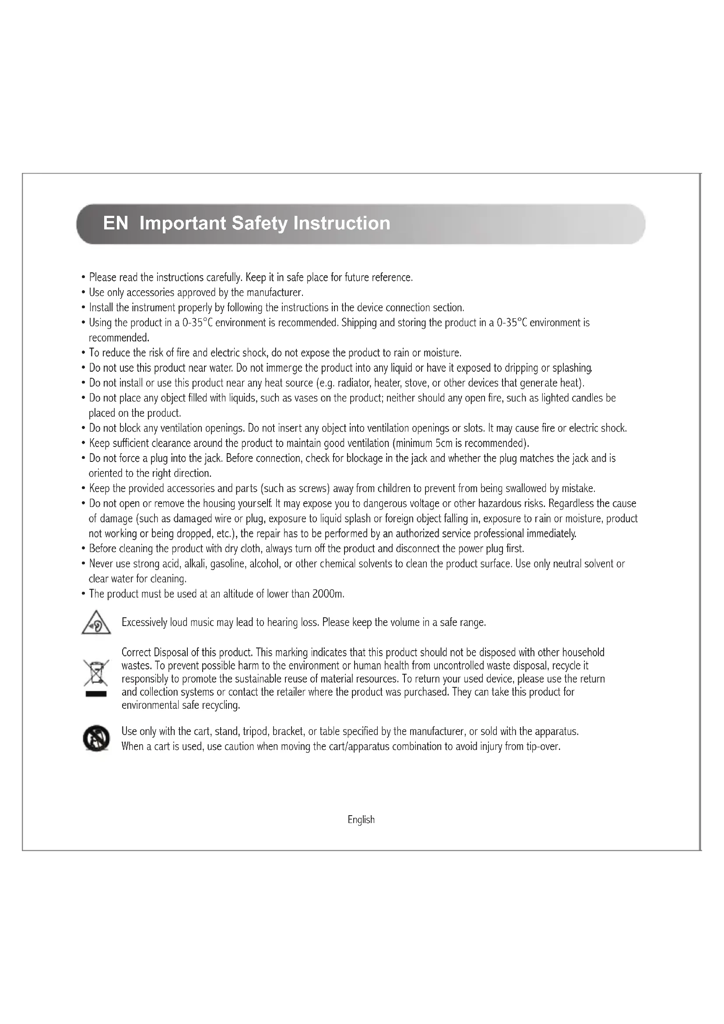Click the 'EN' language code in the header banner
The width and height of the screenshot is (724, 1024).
click(116, 223)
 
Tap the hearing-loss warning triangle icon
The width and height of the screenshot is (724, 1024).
click(96, 623)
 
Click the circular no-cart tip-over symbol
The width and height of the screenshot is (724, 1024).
click(96, 738)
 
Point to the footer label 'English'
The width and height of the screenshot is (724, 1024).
click(361, 820)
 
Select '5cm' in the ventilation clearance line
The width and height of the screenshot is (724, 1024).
click(444, 443)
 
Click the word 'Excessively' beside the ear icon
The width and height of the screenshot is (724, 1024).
click(144, 623)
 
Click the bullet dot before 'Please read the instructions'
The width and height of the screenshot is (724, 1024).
click(83, 278)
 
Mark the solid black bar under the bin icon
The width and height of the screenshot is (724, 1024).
click(96, 694)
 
